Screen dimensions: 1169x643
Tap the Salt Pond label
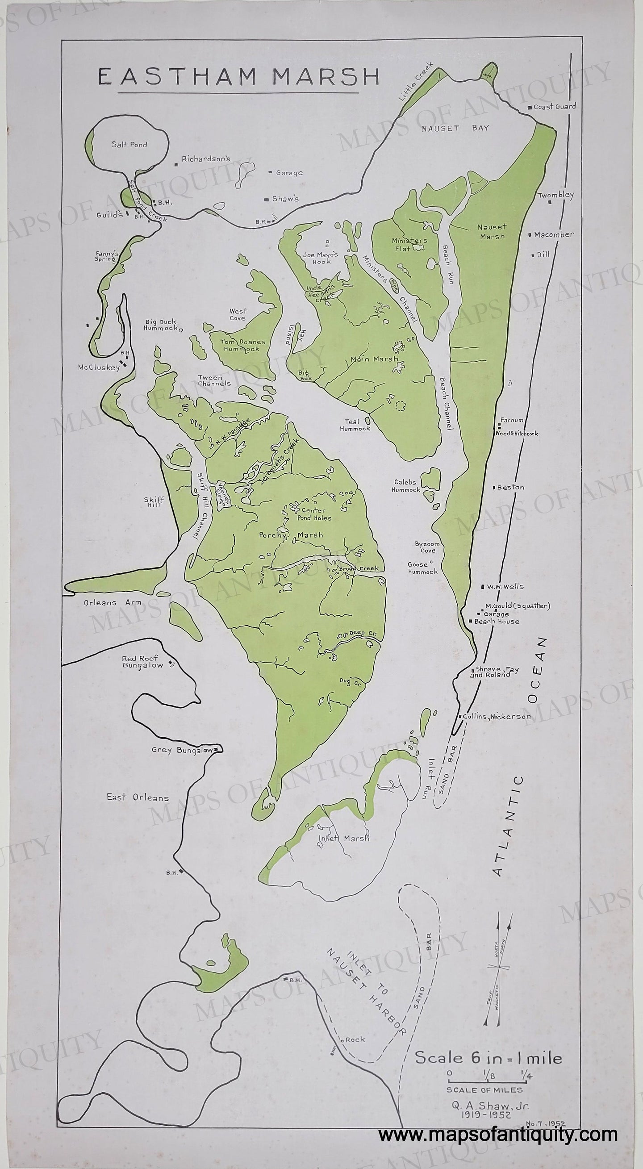[x=129, y=145]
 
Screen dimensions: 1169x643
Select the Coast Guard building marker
[x=530, y=108]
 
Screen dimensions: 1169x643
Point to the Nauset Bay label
[x=455, y=128]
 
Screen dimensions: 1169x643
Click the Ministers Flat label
[x=409, y=245]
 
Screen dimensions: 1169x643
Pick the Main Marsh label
[x=374, y=359]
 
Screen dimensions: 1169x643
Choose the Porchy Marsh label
[x=291, y=535]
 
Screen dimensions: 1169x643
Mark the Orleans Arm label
[x=112, y=603]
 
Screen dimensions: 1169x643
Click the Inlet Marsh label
[x=343, y=838]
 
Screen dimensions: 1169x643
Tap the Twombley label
[x=555, y=195]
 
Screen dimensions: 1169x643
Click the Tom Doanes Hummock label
[x=243, y=345]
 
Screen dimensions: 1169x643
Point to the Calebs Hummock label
[x=407, y=486]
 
